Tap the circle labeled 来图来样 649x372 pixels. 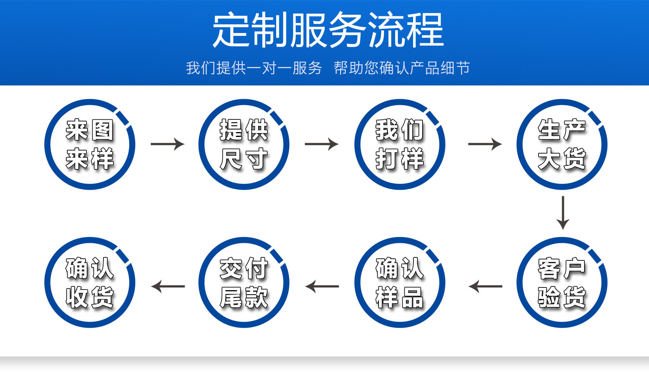(x=90, y=144)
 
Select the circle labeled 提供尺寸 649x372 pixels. (x=244, y=144)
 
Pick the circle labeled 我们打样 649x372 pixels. (x=400, y=144)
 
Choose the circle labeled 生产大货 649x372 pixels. (x=562, y=144)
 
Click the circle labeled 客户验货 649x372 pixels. (x=562, y=282)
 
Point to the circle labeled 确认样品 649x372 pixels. (x=400, y=282)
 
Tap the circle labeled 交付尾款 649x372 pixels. (x=244, y=282)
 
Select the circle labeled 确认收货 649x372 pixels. (x=90, y=282)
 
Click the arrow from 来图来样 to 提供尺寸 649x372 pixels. (x=167, y=144)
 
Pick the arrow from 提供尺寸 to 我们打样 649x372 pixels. (x=321, y=144)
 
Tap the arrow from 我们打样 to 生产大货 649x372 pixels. (x=485, y=144)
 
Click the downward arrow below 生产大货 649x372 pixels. (x=563, y=213)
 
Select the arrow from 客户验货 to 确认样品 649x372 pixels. (x=485, y=286)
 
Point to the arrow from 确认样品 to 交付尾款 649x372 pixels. (x=322, y=286)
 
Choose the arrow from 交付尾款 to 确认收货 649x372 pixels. (x=168, y=286)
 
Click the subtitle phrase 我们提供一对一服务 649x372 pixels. (x=254, y=68)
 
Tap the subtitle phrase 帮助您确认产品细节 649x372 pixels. (x=402, y=68)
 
